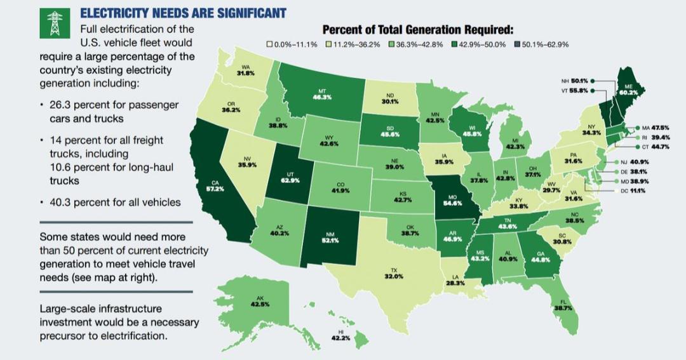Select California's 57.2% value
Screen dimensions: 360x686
pos(217,189)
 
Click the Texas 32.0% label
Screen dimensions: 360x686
pos(394,276)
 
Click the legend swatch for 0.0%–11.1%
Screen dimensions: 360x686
pos(270,44)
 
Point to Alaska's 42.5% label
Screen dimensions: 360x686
pos(260,304)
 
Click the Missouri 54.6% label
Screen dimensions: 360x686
pos(452,203)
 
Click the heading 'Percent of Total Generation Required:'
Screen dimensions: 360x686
pos(417,30)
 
